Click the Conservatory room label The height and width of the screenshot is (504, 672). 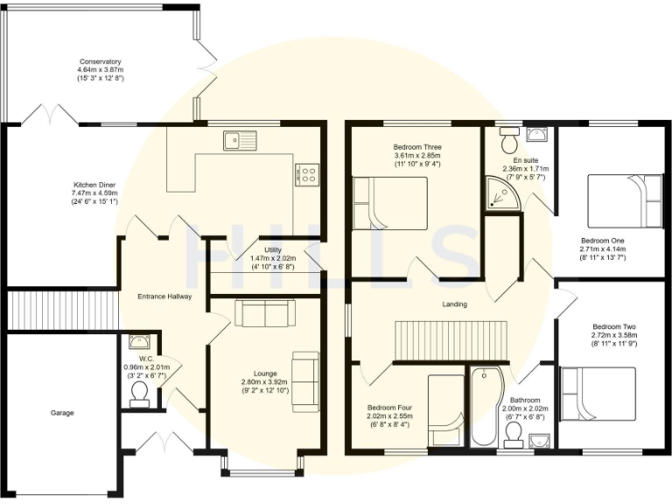tap(99, 62)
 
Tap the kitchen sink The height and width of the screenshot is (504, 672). tap(236, 138)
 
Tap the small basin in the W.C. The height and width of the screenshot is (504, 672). tap(139, 341)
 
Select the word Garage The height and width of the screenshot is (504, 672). tap(61, 412)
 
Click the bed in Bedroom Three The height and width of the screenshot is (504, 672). tap(389, 203)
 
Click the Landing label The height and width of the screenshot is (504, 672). tap(454, 304)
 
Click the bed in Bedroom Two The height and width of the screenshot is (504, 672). tap(598, 395)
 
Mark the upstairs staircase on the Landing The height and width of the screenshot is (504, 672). tap(451, 339)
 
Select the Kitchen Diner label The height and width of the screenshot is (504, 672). tap(95, 185)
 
